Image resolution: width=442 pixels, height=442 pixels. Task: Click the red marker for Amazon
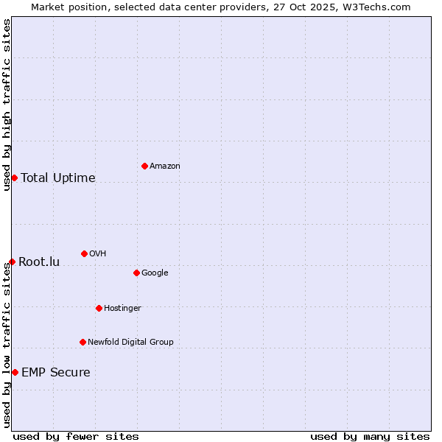tap(144, 166)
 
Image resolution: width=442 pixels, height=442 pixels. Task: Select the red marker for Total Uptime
tap(14, 178)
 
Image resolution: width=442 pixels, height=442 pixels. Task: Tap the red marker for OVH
tap(84, 253)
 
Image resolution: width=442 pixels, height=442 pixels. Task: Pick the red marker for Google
tap(136, 273)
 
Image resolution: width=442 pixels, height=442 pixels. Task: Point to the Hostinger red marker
tap(99, 308)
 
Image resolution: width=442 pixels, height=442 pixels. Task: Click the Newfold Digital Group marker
tap(83, 342)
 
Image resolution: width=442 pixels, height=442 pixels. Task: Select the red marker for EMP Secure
tap(15, 372)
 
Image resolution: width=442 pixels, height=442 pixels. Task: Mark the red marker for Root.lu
tap(12, 262)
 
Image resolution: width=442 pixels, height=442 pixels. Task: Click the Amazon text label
tap(165, 166)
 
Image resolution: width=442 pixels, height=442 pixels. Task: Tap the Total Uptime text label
tap(58, 178)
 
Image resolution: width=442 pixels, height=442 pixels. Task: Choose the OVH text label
tap(98, 254)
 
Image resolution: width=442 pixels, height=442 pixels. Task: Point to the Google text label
tap(155, 273)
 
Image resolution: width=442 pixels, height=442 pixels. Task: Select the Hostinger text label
tap(122, 309)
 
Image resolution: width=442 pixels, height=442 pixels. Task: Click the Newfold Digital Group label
tap(130, 343)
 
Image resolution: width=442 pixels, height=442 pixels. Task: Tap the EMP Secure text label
tap(56, 373)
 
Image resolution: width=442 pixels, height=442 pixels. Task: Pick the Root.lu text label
tap(39, 262)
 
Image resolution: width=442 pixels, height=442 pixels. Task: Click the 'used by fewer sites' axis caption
tap(76, 436)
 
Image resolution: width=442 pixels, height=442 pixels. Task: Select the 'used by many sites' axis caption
tap(370, 436)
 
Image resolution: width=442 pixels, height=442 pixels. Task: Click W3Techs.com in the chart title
tap(380, 7)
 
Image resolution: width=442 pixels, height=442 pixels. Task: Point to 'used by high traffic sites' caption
tap(7, 105)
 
